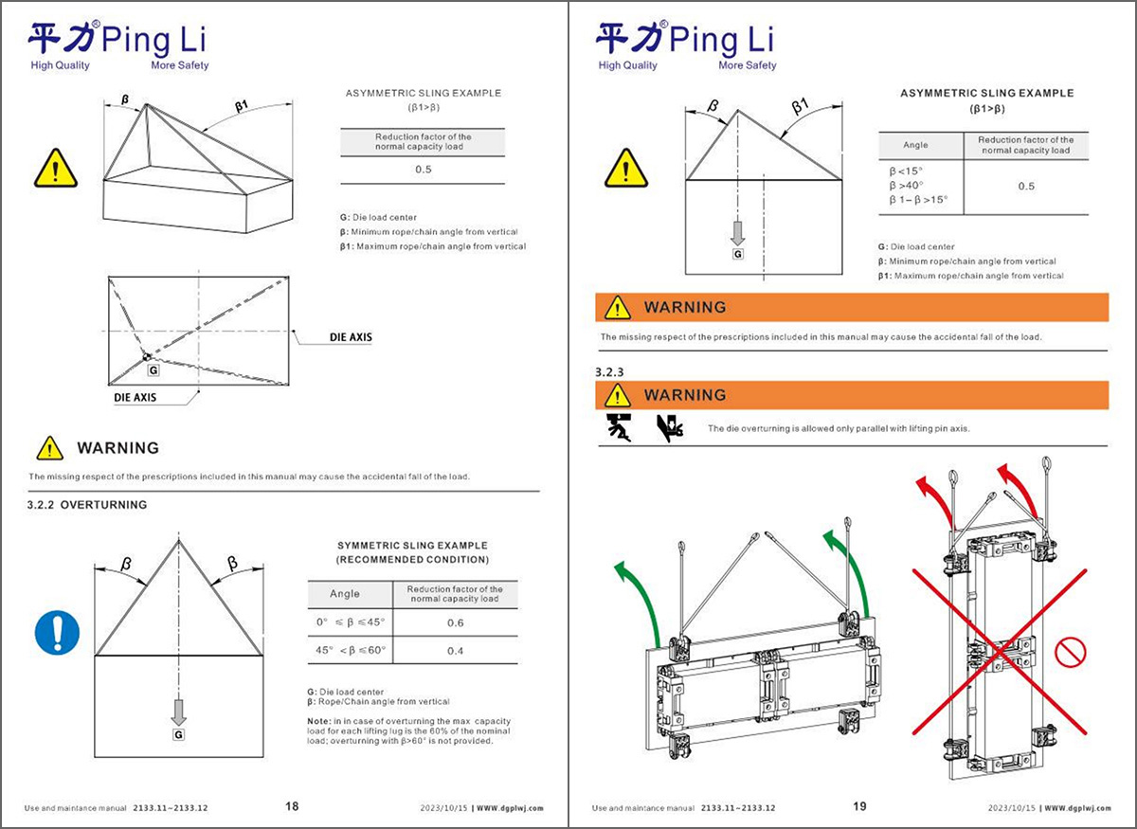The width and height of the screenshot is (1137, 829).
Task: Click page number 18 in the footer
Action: pyautogui.click(x=292, y=806)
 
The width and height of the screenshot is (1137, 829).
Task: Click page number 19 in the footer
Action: pyautogui.click(x=859, y=806)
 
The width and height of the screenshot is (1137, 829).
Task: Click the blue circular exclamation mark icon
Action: pyautogui.click(x=57, y=631)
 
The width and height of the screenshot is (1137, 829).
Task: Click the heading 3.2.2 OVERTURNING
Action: pyautogui.click(x=87, y=505)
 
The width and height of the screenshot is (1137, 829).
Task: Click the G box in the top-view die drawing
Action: pyautogui.click(x=153, y=370)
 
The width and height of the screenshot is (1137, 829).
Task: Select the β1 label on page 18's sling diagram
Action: pyautogui.click(x=243, y=105)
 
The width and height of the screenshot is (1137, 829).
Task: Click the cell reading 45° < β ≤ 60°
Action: pyautogui.click(x=351, y=651)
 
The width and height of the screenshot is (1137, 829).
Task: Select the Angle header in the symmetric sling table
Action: pyautogui.click(x=345, y=594)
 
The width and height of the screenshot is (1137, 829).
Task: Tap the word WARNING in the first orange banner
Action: pyautogui.click(x=685, y=307)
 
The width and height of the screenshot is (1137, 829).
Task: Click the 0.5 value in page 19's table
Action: pyautogui.click(x=1026, y=186)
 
